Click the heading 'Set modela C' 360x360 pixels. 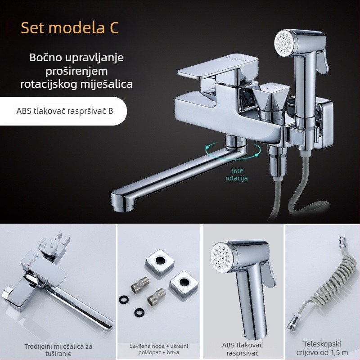pyautogui.click(x=70, y=27)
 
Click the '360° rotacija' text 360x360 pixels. pyautogui.click(x=237, y=175)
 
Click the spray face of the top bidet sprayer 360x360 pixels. pyautogui.click(x=284, y=43)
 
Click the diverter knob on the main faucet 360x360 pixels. pyautogui.click(x=270, y=98)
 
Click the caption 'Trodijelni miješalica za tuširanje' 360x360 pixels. pyautogui.click(x=58, y=350)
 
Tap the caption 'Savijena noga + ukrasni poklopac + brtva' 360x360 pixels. pyautogui.click(x=159, y=349)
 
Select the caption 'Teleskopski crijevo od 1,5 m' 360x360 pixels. pyautogui.click(x=322, y=348)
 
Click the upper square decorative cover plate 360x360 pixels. pyautogui.click(x=160, y=263)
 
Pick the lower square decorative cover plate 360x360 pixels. pyautogui.click(x=184, y=284)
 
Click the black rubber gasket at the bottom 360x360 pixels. pyautogui.click(x=139, y=312)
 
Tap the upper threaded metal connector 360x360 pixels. pyautogui.click(x=140, y=285)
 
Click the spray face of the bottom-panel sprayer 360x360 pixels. pyautogui.click(x=221, y=257)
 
